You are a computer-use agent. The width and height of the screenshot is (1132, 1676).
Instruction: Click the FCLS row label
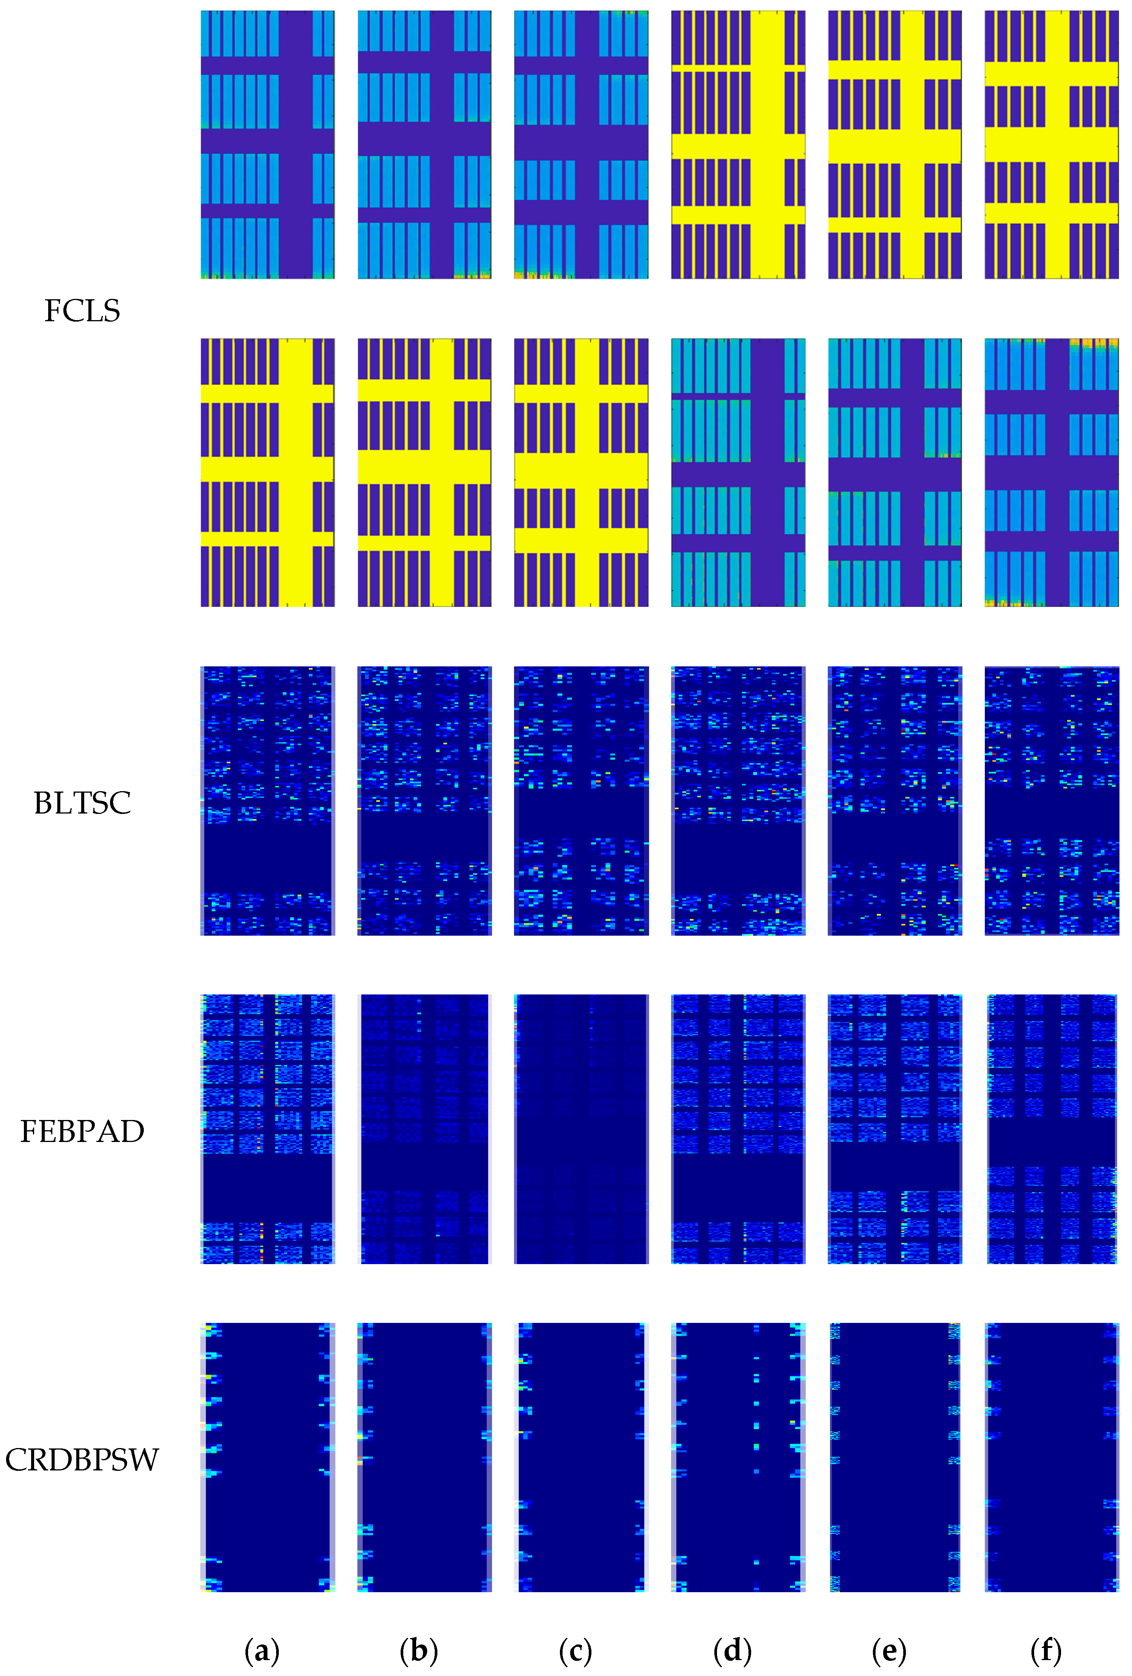point(82,311)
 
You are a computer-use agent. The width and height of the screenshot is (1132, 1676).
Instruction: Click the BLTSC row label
point(82,803)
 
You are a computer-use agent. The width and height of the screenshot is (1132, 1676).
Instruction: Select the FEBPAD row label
point(82,1131)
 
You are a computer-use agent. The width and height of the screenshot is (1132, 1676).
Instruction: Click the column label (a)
point(262,1650)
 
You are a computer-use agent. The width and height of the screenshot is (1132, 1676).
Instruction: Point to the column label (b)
point(418,1650)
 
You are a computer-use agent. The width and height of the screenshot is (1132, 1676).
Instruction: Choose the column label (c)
point(575,1650)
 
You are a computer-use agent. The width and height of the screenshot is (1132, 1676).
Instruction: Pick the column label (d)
point(732,1650)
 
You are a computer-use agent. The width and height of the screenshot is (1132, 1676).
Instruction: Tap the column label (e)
point(889,1650)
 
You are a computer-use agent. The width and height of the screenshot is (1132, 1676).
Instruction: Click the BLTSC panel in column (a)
point(268,801)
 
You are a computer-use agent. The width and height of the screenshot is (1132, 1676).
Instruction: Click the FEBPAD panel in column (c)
point(581,1129)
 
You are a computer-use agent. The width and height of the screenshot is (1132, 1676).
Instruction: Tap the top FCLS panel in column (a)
point(268,144)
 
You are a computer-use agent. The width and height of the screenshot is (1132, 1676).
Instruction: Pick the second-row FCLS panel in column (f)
point(1051,472)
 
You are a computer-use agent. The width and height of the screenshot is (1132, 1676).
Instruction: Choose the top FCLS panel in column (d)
point(738,144)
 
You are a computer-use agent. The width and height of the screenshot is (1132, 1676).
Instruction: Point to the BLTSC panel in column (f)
point(1051,801)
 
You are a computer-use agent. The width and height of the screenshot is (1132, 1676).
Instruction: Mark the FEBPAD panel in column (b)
point(424,1129)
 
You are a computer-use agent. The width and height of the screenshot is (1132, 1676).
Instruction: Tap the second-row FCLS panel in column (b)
point(424,472)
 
